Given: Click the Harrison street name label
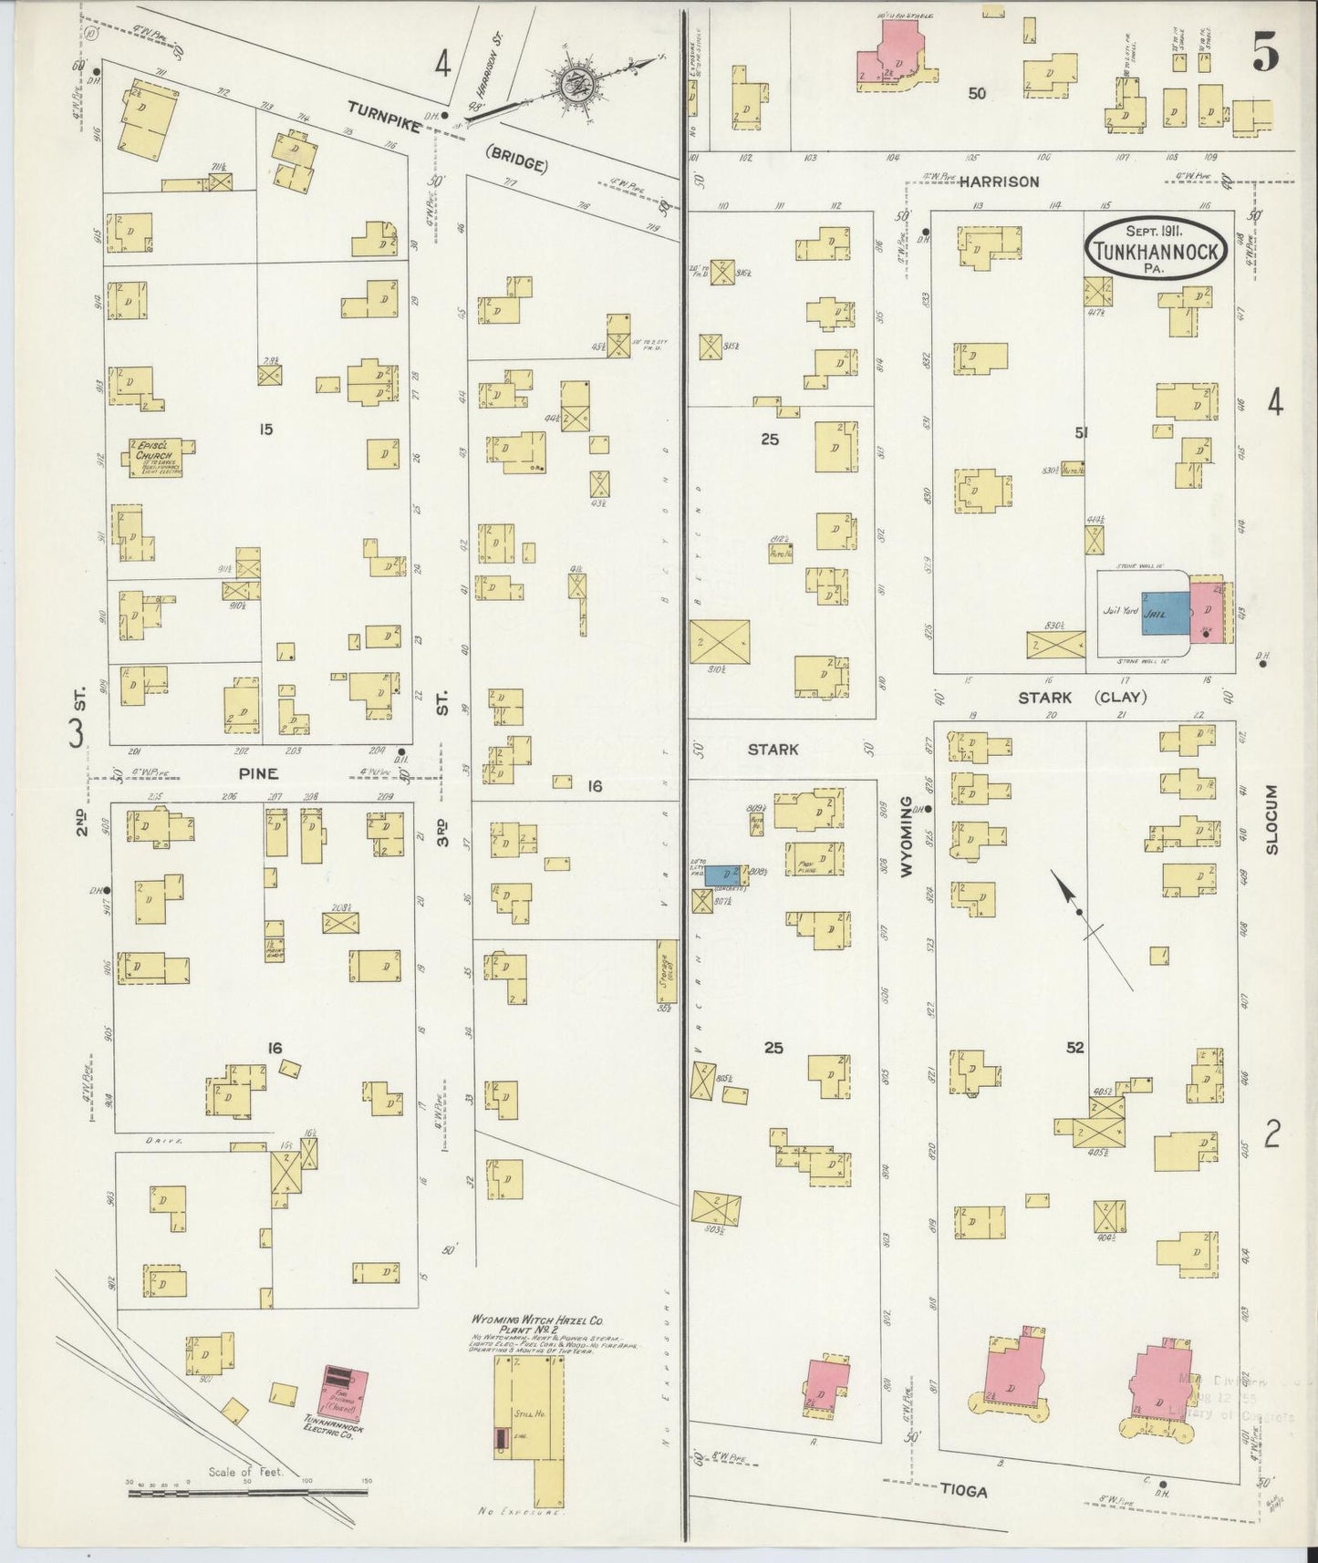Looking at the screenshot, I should [x=999, y=181].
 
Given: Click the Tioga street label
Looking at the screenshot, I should [x=963, y=1491].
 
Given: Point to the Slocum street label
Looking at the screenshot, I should [x=1272, y=820].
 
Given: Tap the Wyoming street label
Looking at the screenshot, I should [x=907, y=837].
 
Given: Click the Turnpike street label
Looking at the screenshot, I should [x=383, y=119].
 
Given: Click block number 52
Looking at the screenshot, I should [x=1074, y=1048].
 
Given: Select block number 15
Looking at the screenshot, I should [x=265, y=430].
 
